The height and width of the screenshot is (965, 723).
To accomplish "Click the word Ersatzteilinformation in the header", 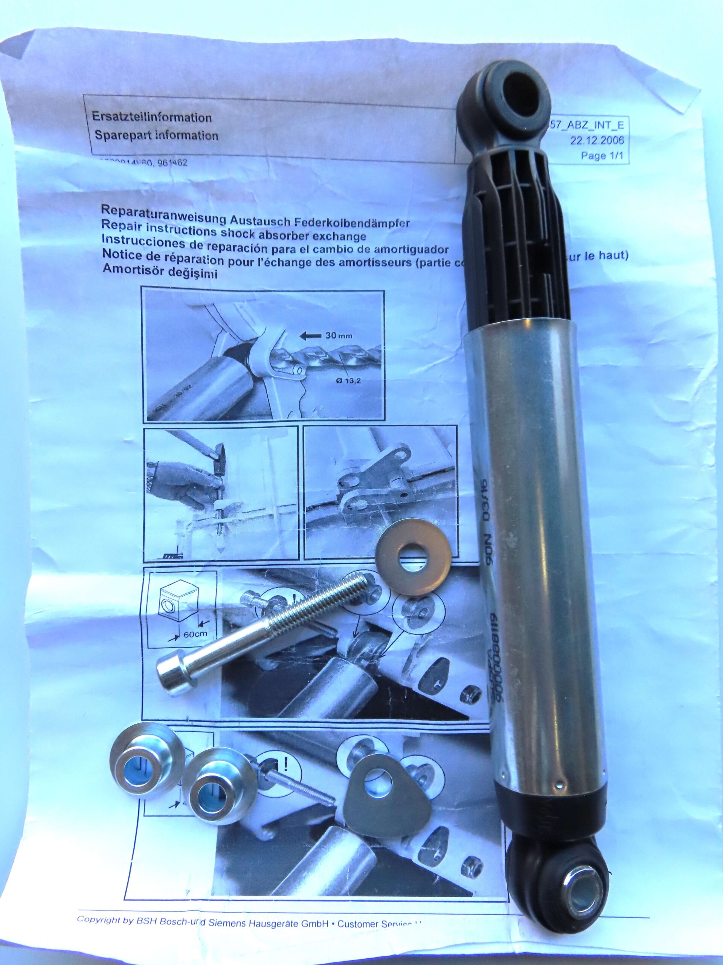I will point(152,117).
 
